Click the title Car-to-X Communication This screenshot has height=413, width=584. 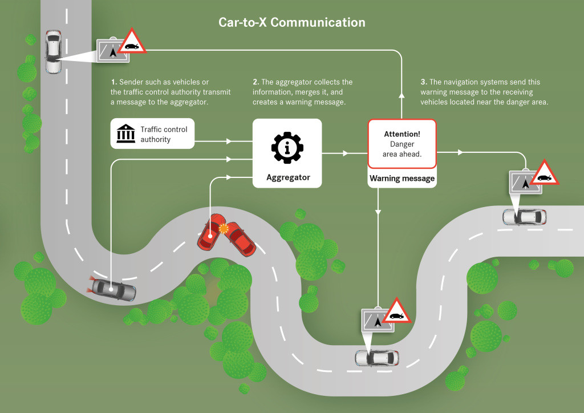coord(292,23)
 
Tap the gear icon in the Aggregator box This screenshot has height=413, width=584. coord(288,147)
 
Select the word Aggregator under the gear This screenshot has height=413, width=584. coord(288,177)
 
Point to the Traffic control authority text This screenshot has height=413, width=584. coord(164,134)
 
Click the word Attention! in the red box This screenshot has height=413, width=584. coord(402,134)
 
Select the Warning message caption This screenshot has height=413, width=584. coord(402,179)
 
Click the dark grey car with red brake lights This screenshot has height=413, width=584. coord(113,290)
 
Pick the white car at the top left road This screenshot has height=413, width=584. coord(53,51)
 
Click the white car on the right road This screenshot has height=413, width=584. coord(524,217)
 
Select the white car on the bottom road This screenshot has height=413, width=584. coord(377,358)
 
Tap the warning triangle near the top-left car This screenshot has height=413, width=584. coord(132,42)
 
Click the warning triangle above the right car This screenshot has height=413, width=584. coord(545,173)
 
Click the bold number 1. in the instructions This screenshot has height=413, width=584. coord(114,82)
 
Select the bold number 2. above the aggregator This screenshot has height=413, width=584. coord(256,82)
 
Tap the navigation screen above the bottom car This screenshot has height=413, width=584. coord(377,321)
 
